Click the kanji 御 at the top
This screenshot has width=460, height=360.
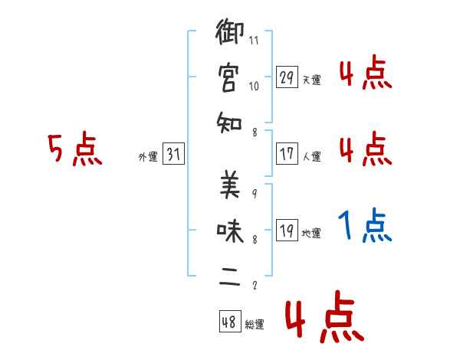coord(228,34)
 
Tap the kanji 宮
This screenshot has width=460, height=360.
coord(228,78)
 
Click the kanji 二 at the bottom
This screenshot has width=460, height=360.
coord(228,276)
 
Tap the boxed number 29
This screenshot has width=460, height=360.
coord(287,77)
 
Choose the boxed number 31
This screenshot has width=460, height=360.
coord(173,154)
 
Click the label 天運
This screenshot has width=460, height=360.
coord(312,80)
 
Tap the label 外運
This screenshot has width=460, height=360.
coord(148,157)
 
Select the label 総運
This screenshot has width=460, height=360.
coord(255,324)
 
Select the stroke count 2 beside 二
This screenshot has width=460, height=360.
coord(254,286)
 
